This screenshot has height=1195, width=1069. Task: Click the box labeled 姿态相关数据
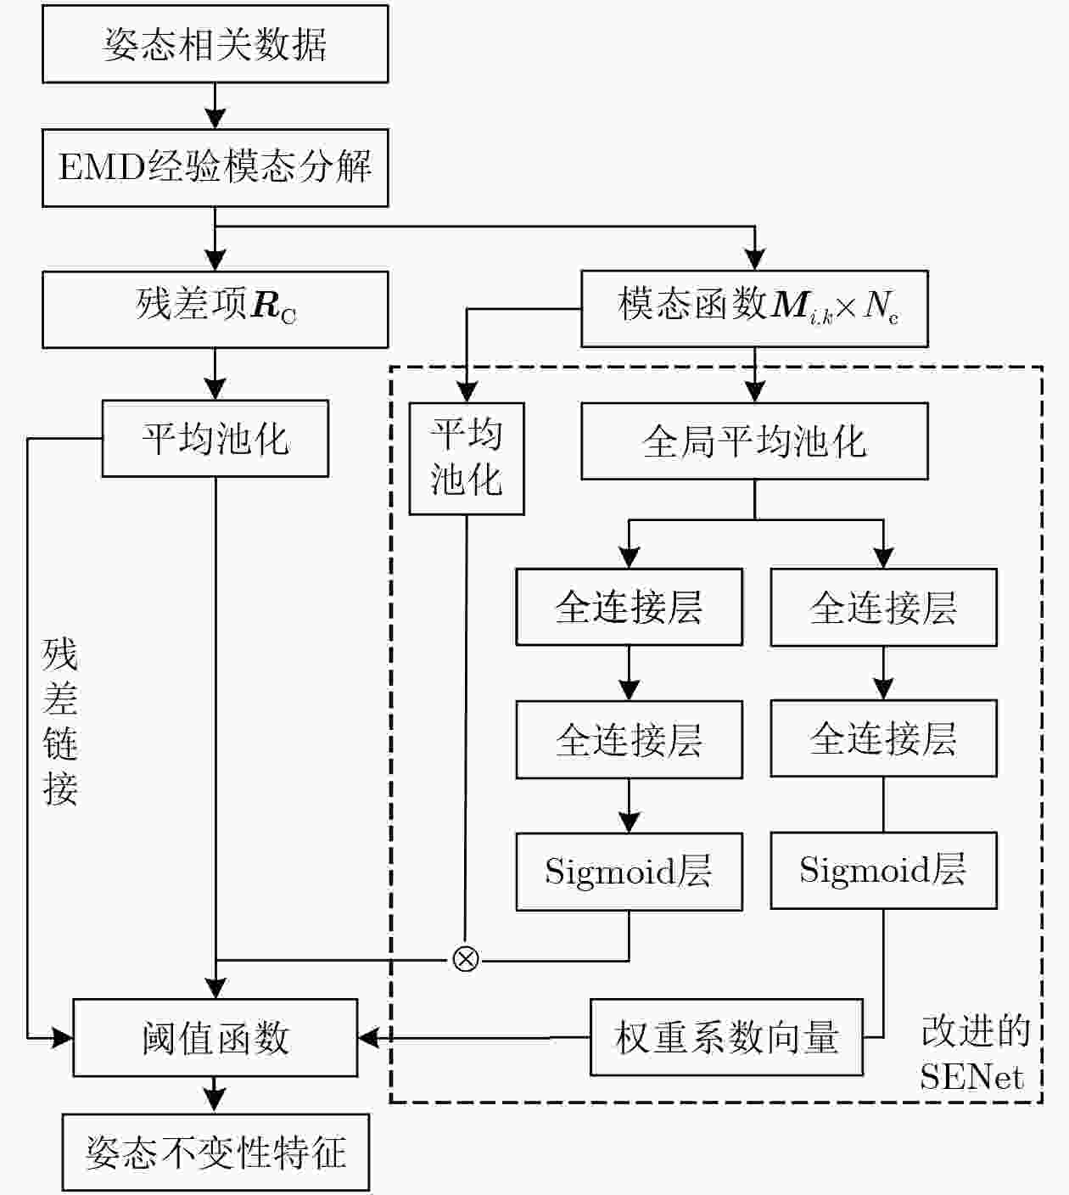point(215,44)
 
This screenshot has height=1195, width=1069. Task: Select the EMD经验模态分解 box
point(215,167)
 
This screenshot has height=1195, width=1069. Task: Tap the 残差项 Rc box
point(215,309)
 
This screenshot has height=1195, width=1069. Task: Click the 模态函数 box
point(755,308)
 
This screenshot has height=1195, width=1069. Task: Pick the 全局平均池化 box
point(755,440)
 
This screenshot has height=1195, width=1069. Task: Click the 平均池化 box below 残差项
point(215,438)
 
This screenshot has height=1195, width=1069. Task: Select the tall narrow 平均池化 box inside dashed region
point(467,458)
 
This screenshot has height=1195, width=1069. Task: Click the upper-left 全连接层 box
point(630,607)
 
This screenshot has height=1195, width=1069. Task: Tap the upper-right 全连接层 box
point(883,607)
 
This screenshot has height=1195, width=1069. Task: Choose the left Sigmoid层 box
point(630,871)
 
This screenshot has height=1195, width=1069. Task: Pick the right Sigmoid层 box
point(883,870)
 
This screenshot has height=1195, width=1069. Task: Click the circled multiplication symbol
point(466,959)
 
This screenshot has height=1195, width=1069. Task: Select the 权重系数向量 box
point(726,1037)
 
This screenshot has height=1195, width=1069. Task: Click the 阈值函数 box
point(215,1037)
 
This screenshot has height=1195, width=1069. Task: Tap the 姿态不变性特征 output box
point(215,1152)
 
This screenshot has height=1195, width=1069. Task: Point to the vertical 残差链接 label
point(60,721)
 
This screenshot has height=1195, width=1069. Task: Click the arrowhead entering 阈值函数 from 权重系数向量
point(368,1037)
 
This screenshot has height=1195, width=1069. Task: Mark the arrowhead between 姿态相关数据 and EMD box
point(215,118)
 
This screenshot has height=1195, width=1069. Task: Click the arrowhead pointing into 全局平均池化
point(755,391)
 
